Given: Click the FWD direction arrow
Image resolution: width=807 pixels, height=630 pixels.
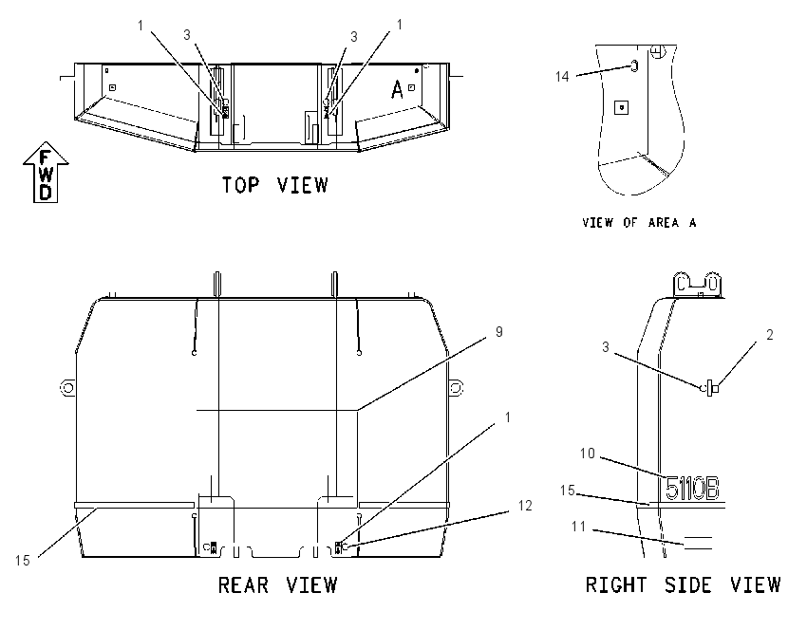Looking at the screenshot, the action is tap(46, 173).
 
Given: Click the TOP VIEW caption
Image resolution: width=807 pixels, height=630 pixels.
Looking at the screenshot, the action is tap(274, 185).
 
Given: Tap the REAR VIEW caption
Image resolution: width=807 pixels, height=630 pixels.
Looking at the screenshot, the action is tap(278, 585).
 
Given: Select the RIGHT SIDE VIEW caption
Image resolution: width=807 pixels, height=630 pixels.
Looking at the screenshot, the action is tap(683, 585).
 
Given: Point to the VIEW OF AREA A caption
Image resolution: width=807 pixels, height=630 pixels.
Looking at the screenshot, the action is tap(639, 223).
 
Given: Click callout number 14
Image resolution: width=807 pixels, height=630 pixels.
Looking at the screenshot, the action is tap(562, 77).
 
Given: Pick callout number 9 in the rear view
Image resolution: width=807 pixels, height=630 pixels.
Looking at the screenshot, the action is tap(498, 332).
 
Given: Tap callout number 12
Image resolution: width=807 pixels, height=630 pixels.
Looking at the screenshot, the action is tap(525, 506).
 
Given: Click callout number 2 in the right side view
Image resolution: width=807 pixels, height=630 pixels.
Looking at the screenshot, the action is tap(769, 335).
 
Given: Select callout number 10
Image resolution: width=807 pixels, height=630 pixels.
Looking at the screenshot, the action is tap(588, 454).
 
